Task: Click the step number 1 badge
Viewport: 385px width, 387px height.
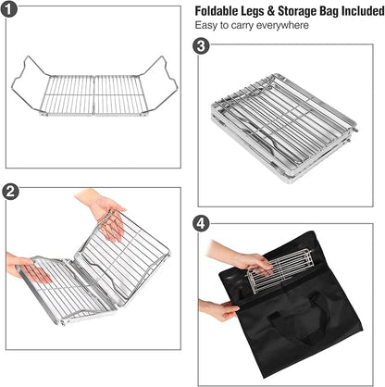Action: pyautogui.click(x=9, y=9)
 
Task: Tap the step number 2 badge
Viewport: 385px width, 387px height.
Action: pyautogui.click(x=10, y=192)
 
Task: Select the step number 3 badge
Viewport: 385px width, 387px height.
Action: pyautogui.click(x=201, y=46)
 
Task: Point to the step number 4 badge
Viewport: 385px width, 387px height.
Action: pyautogui.click(x=201, y=223)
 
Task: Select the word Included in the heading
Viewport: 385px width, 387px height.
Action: pyautogui.click(x=363, y=11)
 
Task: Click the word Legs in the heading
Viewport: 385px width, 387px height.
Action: pyautogui.click(x=254, y=12)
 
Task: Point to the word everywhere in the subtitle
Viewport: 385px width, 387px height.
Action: pyautogui.click(x=282, y=25)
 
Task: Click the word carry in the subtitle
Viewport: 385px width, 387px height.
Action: pyautogui.click(x=242, y=26)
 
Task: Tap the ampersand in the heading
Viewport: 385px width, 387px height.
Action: pyautogui.click(x=271, y=11)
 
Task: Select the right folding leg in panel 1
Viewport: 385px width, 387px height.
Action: pyautogui.click(x=160, y=84)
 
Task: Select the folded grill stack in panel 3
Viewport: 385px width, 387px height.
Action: pyautogui.click(x=284, y=128)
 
